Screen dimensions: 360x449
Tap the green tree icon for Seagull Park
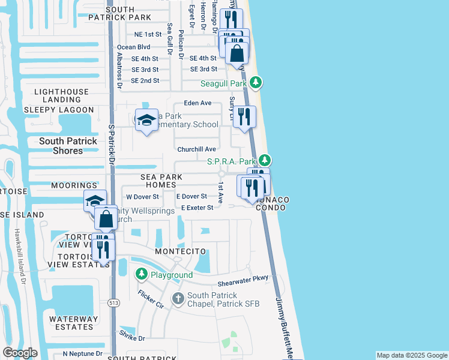point(256,82)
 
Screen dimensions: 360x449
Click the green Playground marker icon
point(142,275)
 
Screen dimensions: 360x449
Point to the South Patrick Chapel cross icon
point(178,298)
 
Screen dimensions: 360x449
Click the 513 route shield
point(113,303)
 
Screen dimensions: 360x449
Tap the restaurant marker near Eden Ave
point(243,116)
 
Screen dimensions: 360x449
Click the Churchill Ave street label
point(196,149)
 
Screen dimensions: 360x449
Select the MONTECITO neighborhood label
point(181,251)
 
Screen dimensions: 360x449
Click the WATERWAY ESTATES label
point(65,323)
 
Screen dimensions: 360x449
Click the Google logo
point(20,353)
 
